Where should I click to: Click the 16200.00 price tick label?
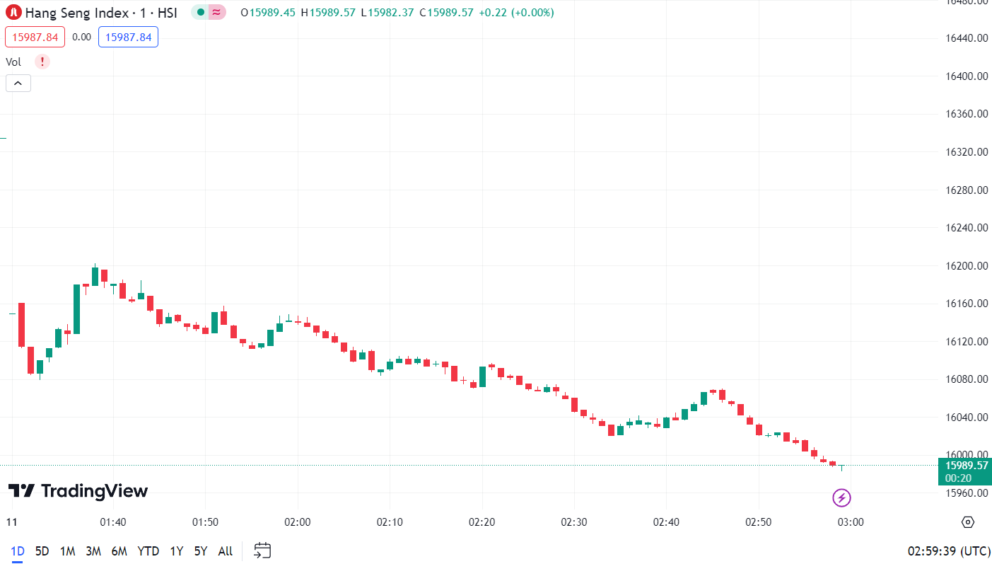(x=967, y=266)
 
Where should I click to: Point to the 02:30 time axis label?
(x=573, y=522)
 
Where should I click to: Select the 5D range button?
(x=42, y=551)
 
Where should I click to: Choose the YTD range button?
(x=148, y=551)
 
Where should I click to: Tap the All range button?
(x=225, y=551)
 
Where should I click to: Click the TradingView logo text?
(x=78, y=491)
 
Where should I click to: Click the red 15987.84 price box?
(x=35, y=37)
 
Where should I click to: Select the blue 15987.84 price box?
(x=128, y=37)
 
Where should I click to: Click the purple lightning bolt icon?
(x=841, y=498)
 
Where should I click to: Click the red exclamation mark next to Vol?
(x=42, y=62)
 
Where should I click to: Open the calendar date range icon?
(x=262, y=551)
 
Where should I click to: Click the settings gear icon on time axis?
(x=968, y=522)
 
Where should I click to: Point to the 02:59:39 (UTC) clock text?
(x=949, y=551)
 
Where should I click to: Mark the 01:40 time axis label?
(x=113, y=522)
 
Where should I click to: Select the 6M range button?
(x=119, y=551)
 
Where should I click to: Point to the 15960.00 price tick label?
(x=967, y=493)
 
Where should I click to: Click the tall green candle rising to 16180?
(x=76, y=309)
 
